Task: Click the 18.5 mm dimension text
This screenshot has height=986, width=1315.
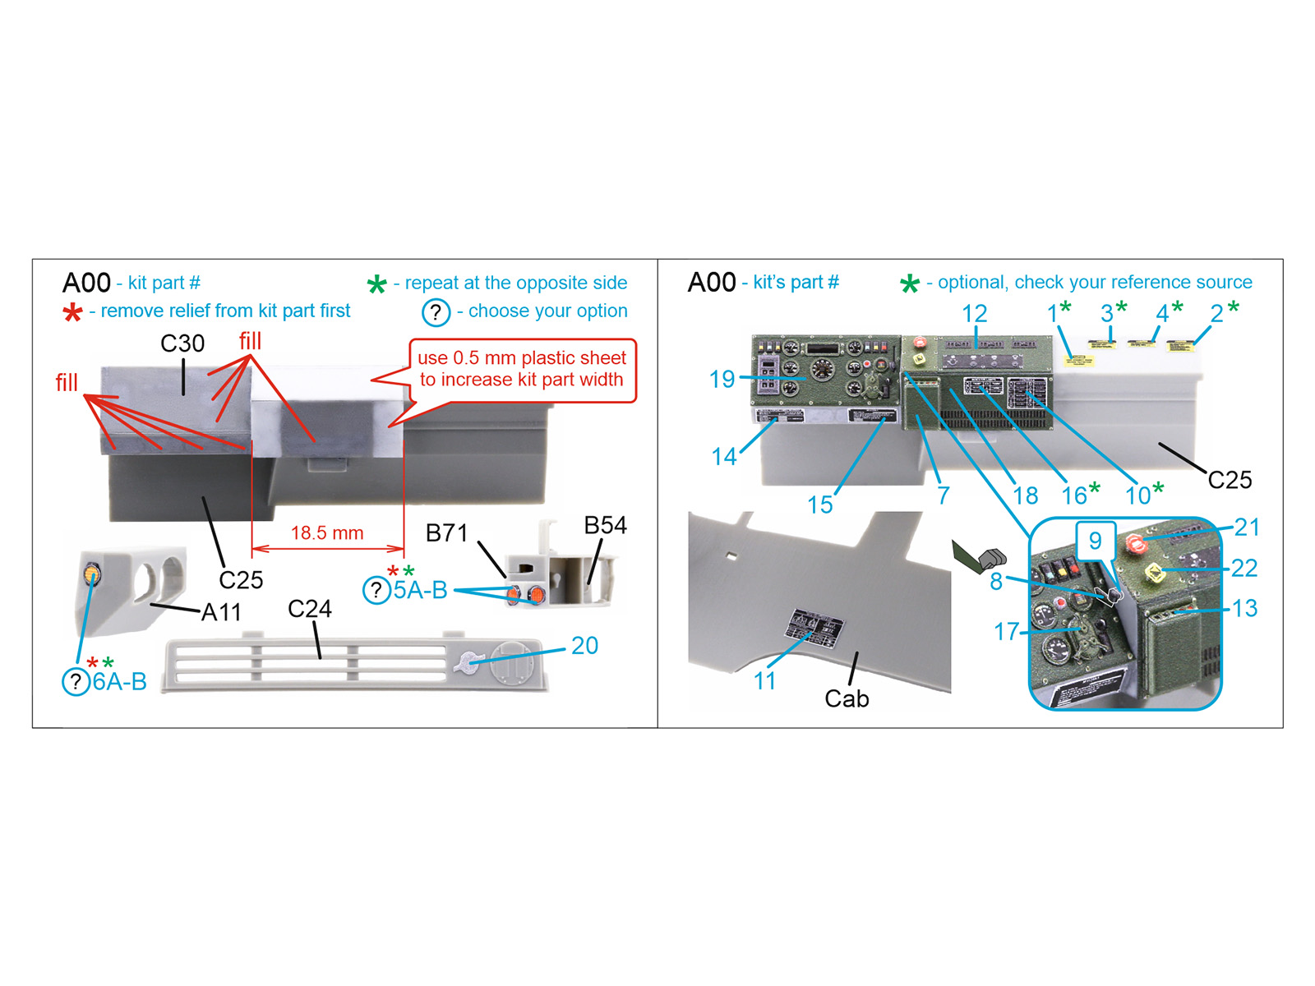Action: click(x=327, y=533)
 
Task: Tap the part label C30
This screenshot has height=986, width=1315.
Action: click(x=182, y=343)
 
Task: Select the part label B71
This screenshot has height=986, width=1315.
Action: click(x=446, y=533)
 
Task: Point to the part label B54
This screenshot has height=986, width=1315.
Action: click(x=605, y=526)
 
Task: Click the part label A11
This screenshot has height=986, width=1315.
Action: click(x=221, y=612)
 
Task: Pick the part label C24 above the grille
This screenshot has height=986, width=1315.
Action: click(x=310, y=609)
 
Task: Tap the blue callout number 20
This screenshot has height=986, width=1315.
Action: click(x=584, y=646)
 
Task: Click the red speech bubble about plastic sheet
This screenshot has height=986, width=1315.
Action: click(x=522, y=370)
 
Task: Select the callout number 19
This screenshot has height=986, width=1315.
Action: click(x=722, y=380)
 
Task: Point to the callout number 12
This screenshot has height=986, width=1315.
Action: click(x=974, y=314)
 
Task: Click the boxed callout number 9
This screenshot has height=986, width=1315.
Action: click(x=1095, y=541)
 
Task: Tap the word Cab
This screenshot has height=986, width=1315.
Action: click(x=847, y=698)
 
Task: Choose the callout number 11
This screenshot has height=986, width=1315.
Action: click(x=764, y=681)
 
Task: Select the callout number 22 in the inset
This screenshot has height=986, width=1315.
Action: click(x=1244, y=568)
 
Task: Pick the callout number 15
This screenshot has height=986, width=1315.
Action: click(x=819, y=505)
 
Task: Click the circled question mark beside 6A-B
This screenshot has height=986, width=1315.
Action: click(x=76, y=681)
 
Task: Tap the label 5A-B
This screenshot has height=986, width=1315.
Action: click(x=420, y=590)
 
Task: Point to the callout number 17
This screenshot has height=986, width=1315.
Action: click(x=1006, y=632)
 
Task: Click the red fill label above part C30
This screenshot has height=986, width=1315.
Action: click(x=250, y=341)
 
